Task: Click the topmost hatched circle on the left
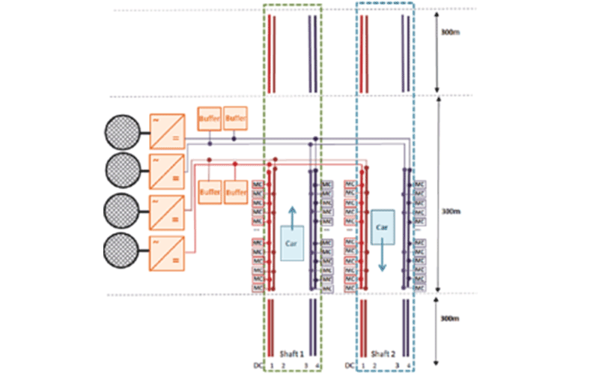pos(121,133)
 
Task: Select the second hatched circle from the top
pos(121,172)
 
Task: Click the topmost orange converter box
pos(165,132)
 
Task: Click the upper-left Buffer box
pos(209,118)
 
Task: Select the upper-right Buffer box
pos(234,118)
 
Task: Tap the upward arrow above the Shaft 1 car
pos(291,212)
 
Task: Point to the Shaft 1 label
pos(291,353)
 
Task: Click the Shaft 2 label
pos(383,353)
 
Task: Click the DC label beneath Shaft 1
pos(260,365)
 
